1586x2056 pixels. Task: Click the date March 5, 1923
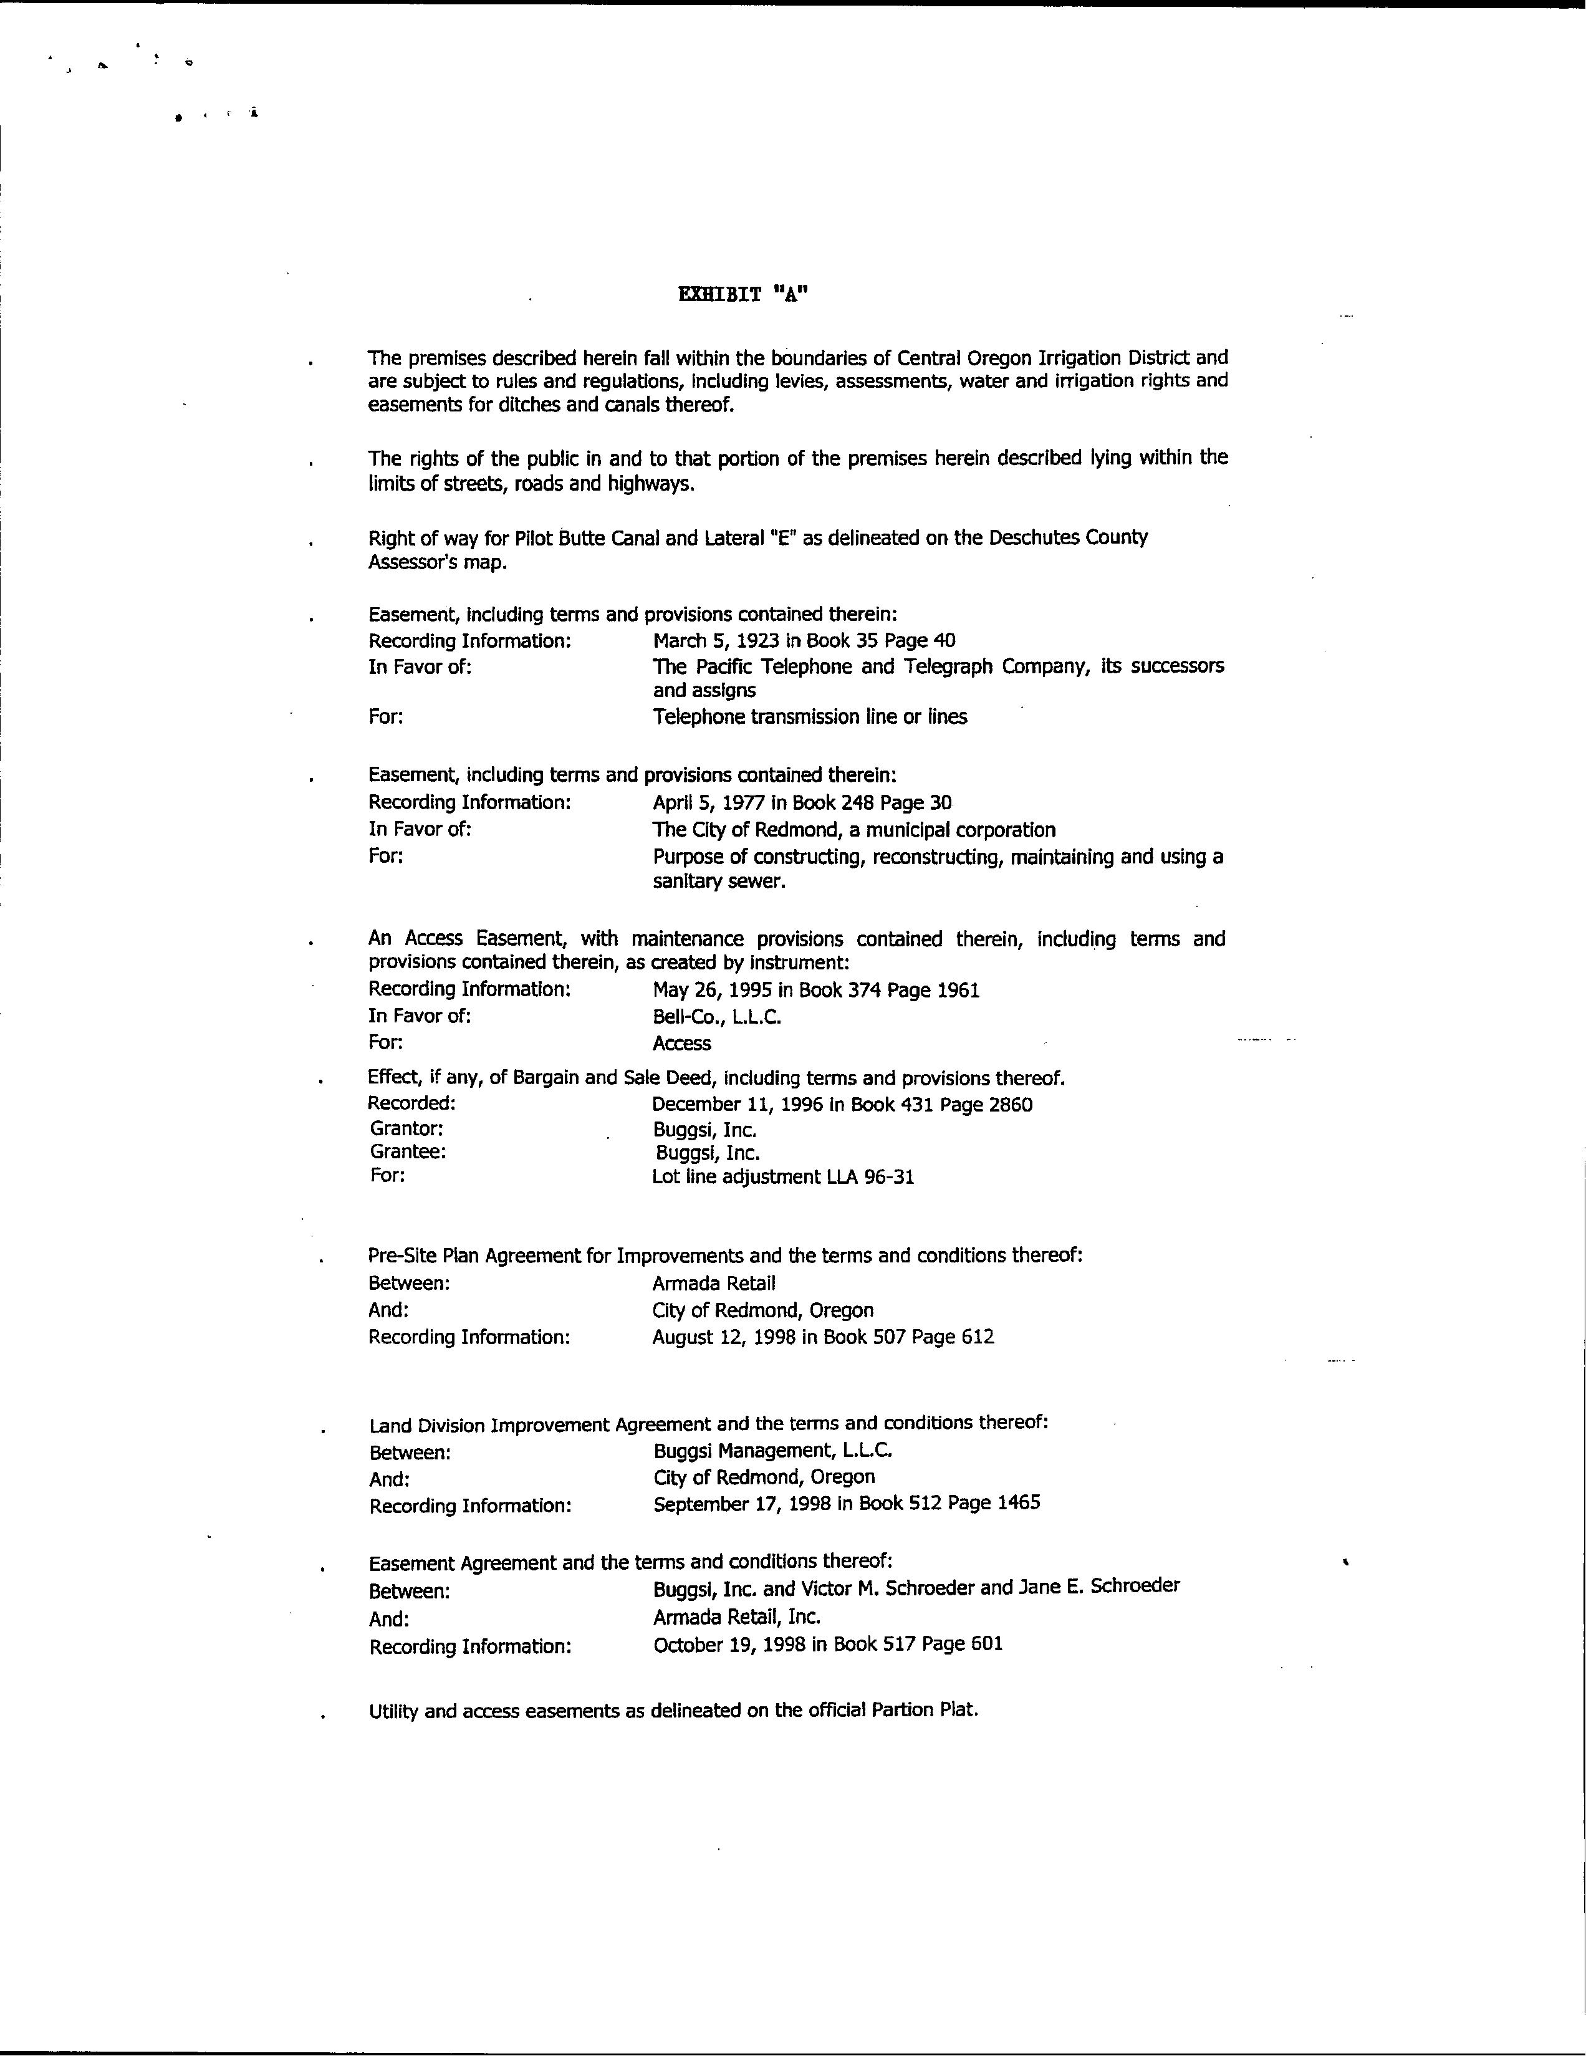[716, 641]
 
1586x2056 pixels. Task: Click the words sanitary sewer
[718, 882]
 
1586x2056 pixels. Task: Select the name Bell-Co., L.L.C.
[716, 1017]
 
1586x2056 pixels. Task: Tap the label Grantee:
[408, 1151]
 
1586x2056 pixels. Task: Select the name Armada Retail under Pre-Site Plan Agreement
[713, 1283]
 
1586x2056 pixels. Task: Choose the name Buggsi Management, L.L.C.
[772, 1451]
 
